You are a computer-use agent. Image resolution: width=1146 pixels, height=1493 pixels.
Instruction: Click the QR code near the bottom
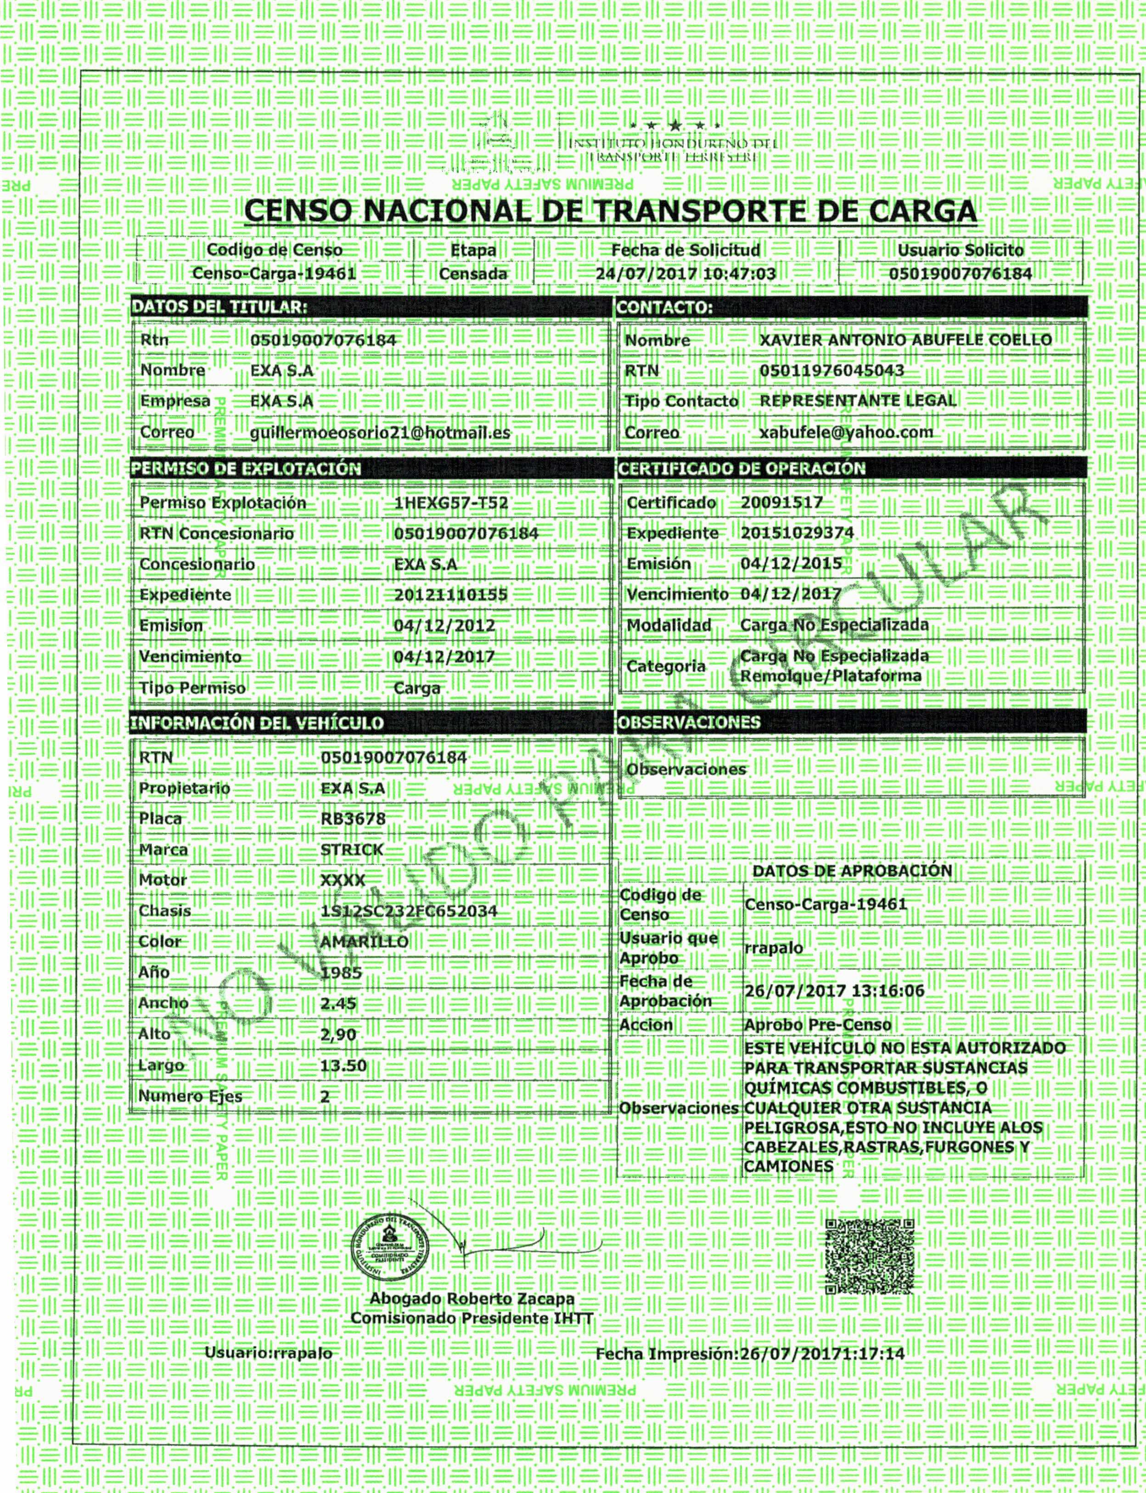[x=869, y=1256]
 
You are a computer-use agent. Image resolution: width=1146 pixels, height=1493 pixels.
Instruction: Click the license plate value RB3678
[x=353, y=819]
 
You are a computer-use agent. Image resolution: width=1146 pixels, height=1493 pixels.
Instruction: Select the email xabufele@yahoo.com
[x=846, y=432]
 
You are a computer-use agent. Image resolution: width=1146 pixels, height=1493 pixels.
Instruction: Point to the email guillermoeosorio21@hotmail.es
[x=380, y=433]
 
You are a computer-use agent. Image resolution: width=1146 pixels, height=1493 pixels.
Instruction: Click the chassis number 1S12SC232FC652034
[x=409, y=911]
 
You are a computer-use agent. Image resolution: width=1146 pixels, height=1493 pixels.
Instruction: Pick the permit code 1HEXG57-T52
[x=451, y=503]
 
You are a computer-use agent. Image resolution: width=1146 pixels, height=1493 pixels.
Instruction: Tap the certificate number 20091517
[x=782, y=503]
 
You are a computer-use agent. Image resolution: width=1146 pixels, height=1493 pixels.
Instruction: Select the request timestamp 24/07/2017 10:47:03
[x=685, y=274]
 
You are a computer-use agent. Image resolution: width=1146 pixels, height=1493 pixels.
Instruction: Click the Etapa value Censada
[x=473, y=274]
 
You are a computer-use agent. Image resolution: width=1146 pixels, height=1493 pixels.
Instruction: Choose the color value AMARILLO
[x=364, y=942]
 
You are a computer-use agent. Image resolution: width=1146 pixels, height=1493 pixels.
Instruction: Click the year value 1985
[x=341, y=973]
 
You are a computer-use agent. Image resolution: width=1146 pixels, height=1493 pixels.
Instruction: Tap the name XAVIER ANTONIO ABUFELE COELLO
[x=905, y=340]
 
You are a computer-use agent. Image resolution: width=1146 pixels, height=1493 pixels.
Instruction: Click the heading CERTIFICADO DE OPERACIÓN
[x=742, y=469]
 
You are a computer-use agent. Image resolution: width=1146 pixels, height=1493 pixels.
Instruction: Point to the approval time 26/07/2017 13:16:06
[x=834, y=991]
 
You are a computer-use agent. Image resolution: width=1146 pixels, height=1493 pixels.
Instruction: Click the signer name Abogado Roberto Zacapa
[x=472, y=1299]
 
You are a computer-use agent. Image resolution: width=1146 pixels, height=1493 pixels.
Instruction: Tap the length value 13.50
[x=343, y=1065]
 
